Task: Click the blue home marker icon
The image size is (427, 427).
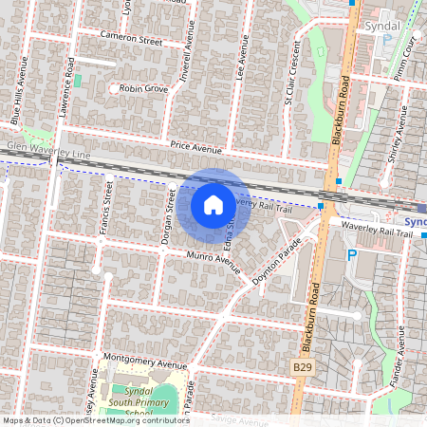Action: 213,205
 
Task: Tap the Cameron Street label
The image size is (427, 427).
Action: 132,41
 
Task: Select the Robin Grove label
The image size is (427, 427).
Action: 142,89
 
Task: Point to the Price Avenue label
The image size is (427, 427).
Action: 195,148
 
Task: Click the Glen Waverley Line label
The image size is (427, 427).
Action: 47,151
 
